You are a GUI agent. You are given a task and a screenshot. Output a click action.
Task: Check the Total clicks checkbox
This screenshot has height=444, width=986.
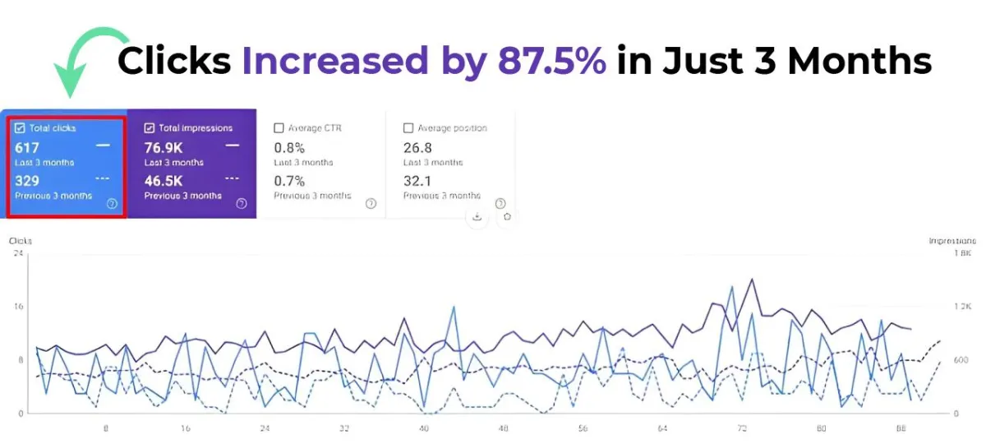[20, 127]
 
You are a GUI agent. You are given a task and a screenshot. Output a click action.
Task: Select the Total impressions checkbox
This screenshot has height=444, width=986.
[150, 127]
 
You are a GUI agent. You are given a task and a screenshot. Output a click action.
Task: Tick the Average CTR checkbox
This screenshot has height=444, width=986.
[279, 127]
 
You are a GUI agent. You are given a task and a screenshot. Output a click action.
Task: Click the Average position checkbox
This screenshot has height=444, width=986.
[408, 127]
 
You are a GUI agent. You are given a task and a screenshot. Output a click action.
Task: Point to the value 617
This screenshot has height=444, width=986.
[27, 148]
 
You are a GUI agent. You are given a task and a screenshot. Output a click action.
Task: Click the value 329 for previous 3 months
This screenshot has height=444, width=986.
[27, 181]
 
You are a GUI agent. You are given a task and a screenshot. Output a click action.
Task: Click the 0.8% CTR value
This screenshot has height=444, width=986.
[289, 148]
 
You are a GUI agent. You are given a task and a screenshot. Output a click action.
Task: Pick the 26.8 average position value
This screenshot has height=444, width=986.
[417, 148]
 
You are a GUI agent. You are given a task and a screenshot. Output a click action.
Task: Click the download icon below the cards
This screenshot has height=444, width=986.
[477, 217]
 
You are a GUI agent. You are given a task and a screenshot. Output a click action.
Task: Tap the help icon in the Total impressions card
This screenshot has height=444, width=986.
[242, 203]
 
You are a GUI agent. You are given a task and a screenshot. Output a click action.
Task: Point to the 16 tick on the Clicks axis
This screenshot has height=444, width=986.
[18, 307]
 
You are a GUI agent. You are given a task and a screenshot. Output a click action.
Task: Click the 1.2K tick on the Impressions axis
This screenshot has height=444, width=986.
[961, 307]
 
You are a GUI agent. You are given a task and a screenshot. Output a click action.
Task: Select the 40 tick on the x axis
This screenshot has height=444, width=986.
[424, 428]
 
